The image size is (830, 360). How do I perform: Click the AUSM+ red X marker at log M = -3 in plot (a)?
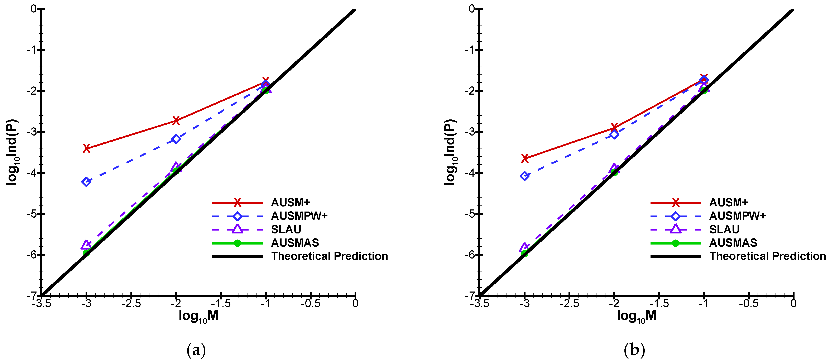pyautogui.click(x=86, y=149)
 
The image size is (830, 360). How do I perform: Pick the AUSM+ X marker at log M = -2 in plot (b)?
pyautogui.click(x=614, y=128)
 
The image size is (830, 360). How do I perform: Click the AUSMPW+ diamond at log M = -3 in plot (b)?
pyautogui.click(x=524, y=176)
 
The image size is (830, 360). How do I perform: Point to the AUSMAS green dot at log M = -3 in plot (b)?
pyautogui.click(x=524, y=253)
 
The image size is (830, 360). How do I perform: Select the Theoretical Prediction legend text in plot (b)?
pyautogui.click(x=767, y=256)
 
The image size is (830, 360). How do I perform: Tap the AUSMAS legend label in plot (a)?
pyautogui.click(x=295, y=243)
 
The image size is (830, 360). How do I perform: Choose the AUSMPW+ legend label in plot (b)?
pyautogui.click(x=737, y=216)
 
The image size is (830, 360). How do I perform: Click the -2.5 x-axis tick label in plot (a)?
pyautogui.click(x=131, y=304)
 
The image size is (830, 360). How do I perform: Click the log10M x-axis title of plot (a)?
pyautogui.click(x=198, y=316)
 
